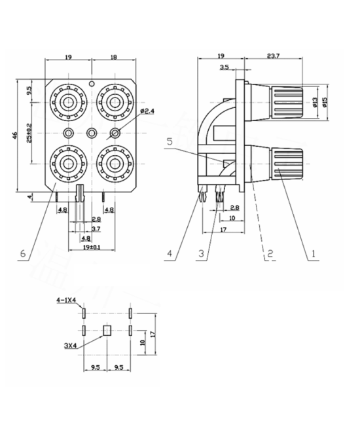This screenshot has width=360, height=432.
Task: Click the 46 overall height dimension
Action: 15,135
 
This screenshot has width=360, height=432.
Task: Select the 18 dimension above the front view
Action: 113,57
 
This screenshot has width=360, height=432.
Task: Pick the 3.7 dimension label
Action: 96,228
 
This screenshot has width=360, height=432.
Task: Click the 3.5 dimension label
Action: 225,67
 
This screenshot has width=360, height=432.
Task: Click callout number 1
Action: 314,252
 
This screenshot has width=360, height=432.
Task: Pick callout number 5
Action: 169,140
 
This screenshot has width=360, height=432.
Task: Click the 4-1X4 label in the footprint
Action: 67,300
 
